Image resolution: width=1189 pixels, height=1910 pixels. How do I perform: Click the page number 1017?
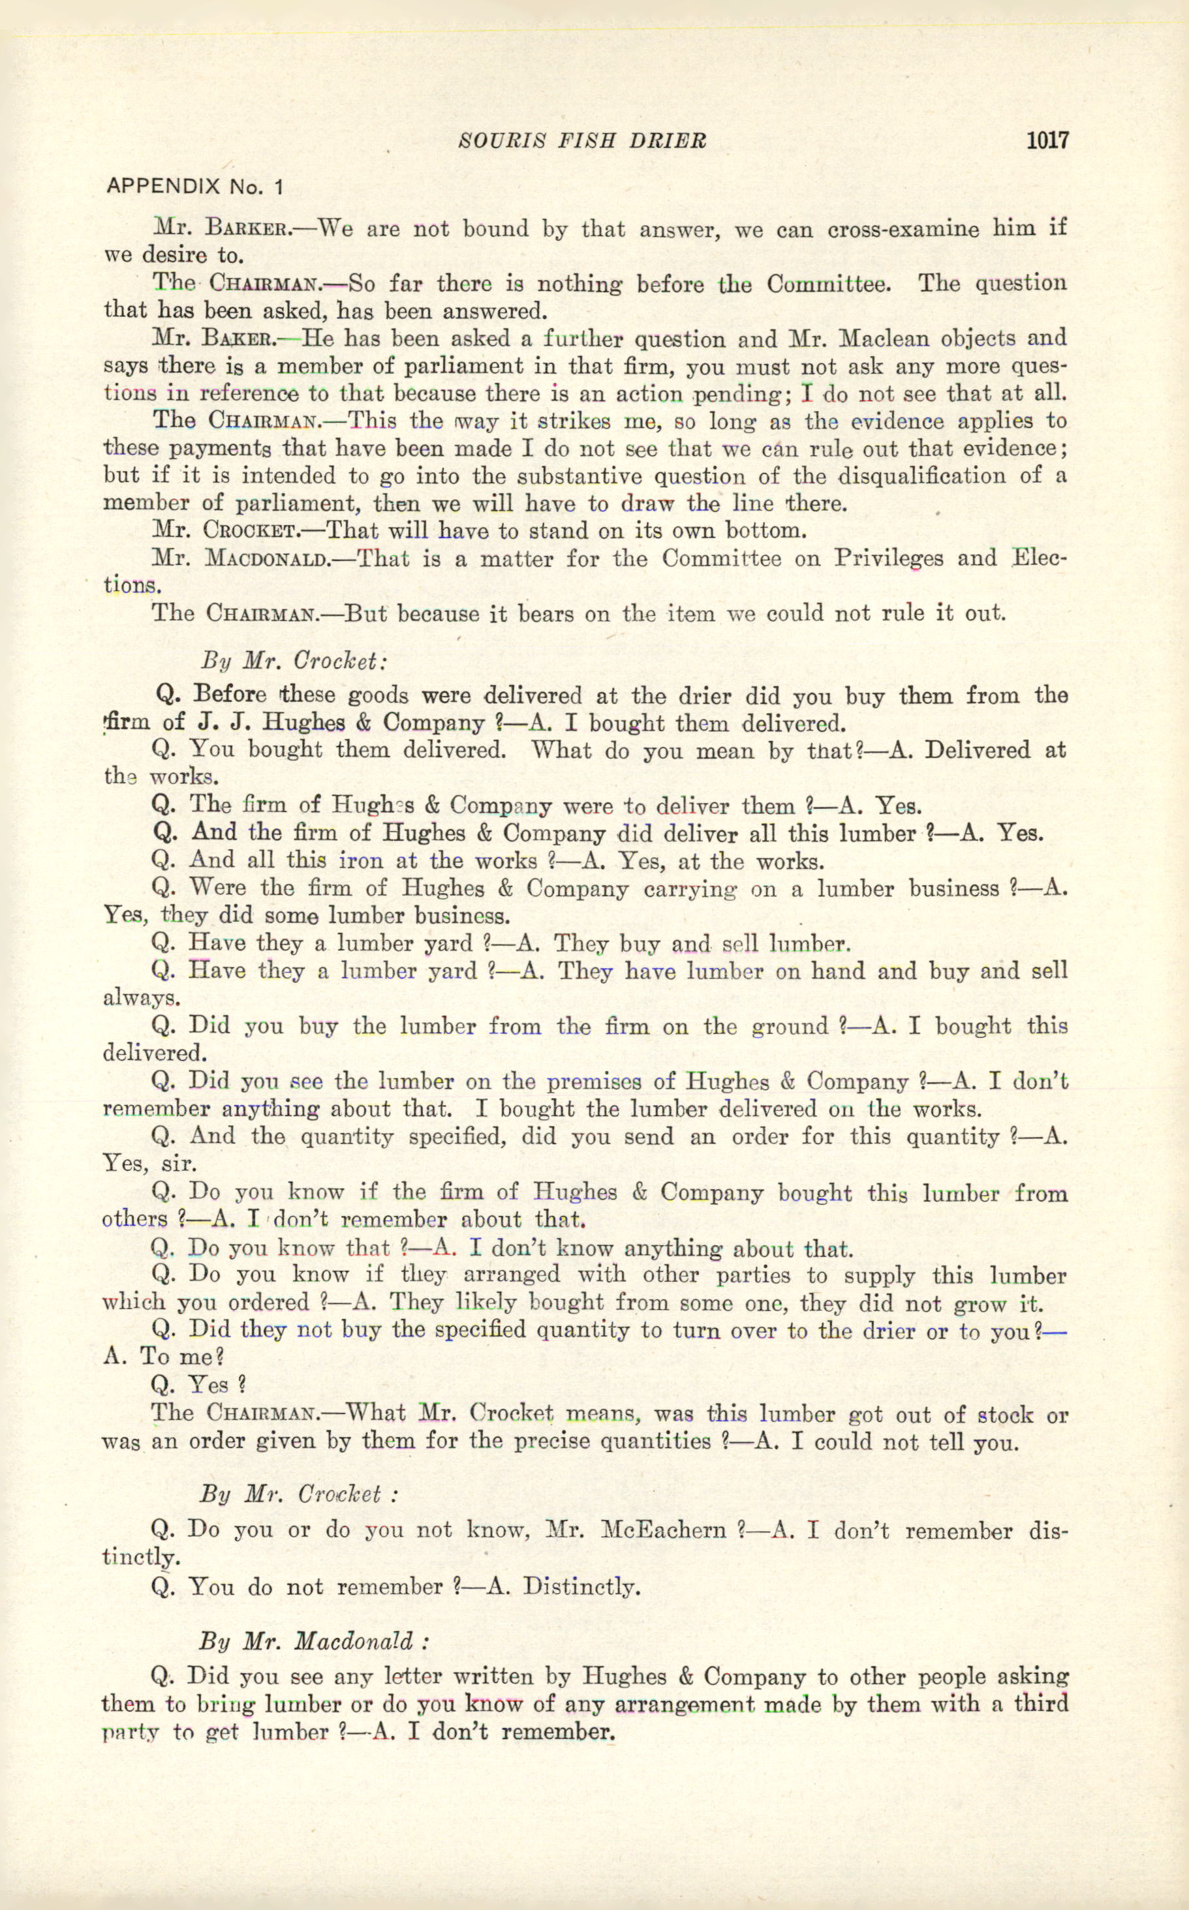(1047, 141)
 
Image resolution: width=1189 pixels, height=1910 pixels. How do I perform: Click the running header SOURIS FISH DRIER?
(582, 142)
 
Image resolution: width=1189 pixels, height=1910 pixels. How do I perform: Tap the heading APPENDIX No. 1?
(194, 187)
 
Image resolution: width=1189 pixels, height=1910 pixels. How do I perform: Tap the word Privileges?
(889, 558)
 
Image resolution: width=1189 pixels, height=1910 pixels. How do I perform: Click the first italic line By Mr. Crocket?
(293, 660)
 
